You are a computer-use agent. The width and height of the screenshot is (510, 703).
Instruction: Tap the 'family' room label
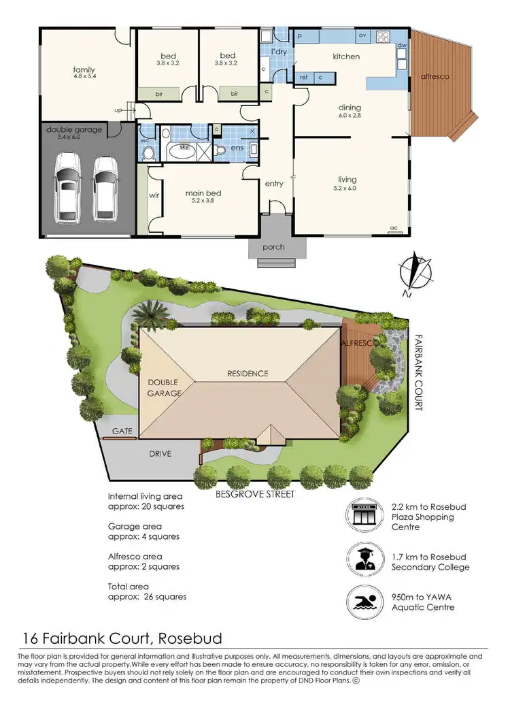point(84,69)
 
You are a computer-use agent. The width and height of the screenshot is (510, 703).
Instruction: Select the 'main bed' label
point(204,193)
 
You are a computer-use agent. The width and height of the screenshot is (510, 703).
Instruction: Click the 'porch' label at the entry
point(273,246)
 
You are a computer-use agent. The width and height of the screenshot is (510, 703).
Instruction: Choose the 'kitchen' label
point(346,56)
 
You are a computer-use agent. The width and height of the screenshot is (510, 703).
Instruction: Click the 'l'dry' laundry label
point(277,52)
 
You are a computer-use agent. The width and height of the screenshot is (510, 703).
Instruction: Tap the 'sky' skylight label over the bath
point(183,147)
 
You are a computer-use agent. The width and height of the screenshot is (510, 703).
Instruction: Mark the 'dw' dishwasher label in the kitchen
point(402,46)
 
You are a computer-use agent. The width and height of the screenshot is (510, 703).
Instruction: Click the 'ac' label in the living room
point(393,228)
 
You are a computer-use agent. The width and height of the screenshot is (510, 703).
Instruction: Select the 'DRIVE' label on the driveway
point(160,454)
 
